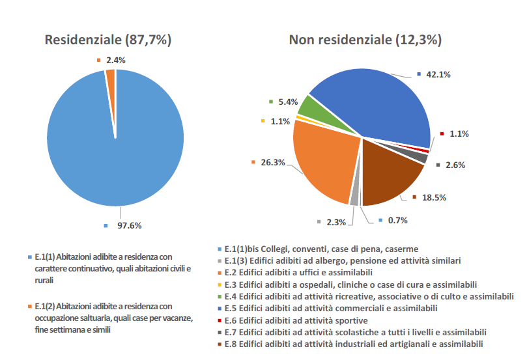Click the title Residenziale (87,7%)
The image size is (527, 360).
pyautogui.click(x=107, y=40)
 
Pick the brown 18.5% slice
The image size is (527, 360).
pyautogui.click(x=391, y=173)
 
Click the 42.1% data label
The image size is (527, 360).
pyautogui.click(x=438, y=74)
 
